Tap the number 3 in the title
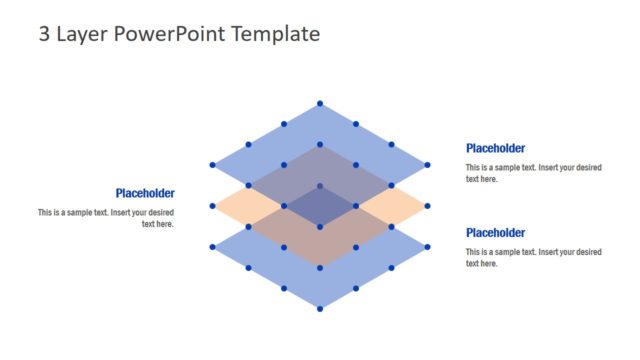click(x=45, y=34)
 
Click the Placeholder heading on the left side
click(x=145, y=194)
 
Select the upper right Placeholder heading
click(x=495, y=149)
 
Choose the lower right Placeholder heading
click(x=495, y=233)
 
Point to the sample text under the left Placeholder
click(x=106, y=218)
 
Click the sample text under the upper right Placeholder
click(x=533, y=173)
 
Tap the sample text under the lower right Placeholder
click(x=533, y=257)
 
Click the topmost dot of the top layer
click(x=320, y=103)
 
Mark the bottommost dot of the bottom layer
click(x=320, y=309)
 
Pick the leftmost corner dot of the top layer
click(x=212, y=165)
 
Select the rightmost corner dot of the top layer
click(x=428, y=165)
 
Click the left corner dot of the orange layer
click(x=212, y=206)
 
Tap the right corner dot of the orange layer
click(x=428, y=206)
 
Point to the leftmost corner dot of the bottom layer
click(x=212, y=247)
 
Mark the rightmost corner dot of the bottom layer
click(x=428, y=247)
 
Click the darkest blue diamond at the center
click(x=320, y=206)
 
